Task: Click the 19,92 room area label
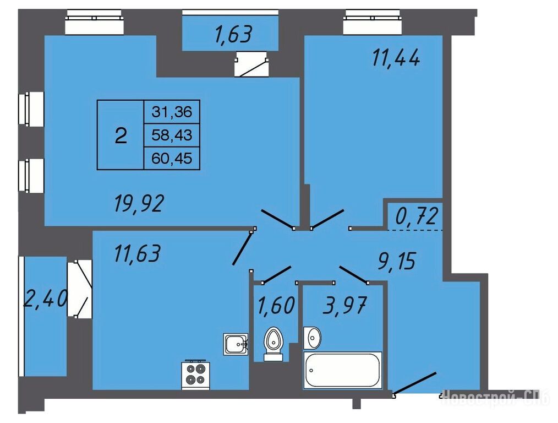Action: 139,204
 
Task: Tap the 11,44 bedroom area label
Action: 396,58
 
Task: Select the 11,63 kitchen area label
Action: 138,253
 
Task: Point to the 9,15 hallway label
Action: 396,261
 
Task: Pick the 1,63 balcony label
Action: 233,35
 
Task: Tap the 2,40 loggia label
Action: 45,299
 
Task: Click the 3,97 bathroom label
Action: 344,305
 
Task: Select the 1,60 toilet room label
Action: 276,305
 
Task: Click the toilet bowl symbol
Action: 273,344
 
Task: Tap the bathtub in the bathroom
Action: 342,370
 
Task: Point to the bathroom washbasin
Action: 312,338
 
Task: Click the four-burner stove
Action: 196,375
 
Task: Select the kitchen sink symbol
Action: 236,344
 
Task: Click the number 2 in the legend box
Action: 121,135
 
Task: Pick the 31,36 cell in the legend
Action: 172,112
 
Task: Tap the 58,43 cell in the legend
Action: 172,135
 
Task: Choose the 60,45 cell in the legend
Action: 172,158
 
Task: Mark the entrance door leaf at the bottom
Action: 415,383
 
